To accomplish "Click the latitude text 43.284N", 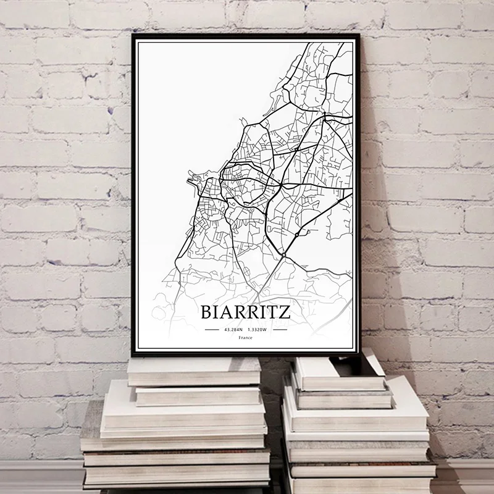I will click(x=233, y=330).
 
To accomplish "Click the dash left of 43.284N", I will click(x=212, y=330).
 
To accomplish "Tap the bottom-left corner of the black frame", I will click(x=133, y=358).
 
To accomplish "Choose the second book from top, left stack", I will click(x=198, y=394).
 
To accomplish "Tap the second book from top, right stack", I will click(x=343, y=395).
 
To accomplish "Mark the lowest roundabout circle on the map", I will click(x=282, y=254).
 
